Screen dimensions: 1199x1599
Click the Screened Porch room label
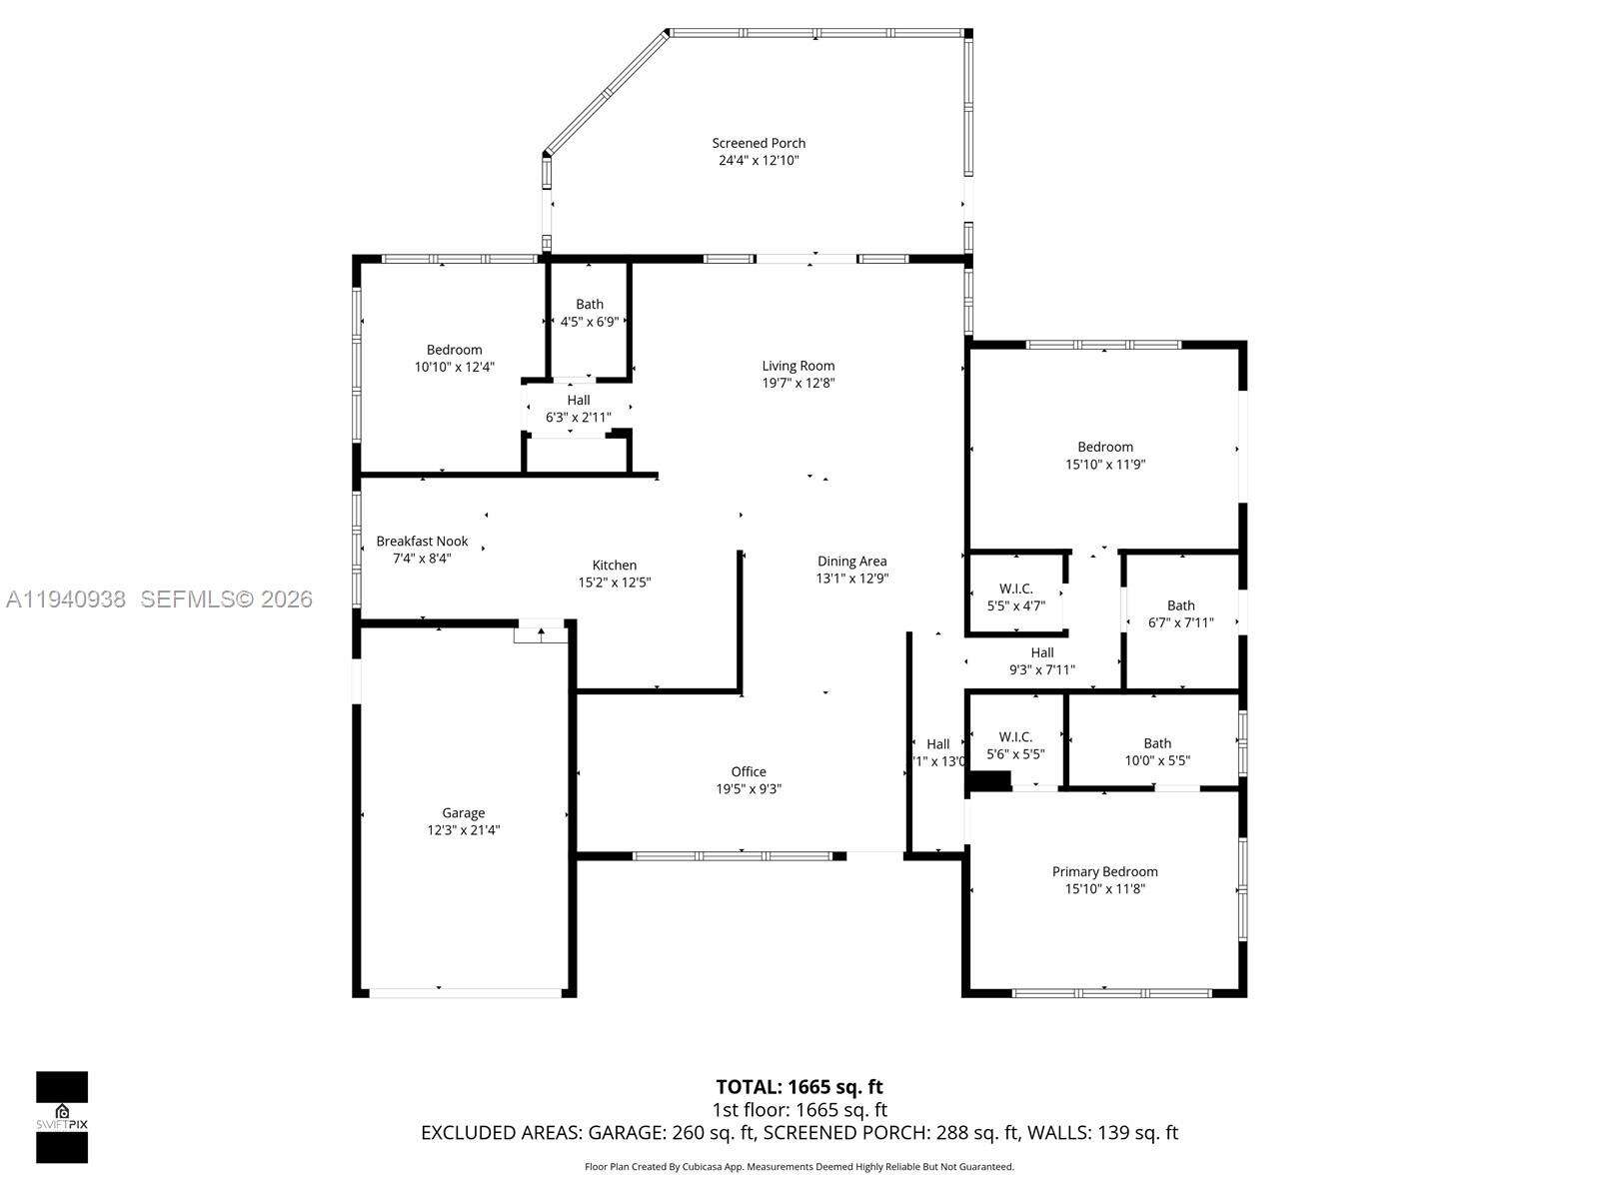(759, 143)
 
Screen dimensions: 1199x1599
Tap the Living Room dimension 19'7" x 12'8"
(799, 383)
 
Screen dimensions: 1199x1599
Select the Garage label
(463, 813)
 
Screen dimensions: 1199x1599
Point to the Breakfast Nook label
(422, 542)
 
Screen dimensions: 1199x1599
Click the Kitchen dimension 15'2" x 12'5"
(614, 583)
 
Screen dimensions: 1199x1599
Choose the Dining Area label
(851, 562)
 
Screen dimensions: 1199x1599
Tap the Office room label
(749, 771)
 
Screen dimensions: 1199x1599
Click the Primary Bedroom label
(1104, 872)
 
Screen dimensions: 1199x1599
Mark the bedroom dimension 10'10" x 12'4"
(455, 367)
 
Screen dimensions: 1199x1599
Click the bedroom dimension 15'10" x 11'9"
(1105, 464)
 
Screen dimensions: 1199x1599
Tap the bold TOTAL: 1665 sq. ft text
(799, 1087)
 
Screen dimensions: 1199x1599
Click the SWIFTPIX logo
(62, 1117)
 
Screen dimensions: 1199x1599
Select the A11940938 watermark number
(66, 599)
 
